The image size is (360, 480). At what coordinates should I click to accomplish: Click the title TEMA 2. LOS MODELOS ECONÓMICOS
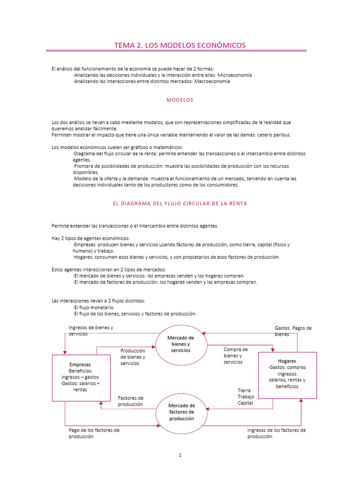coord(180,45)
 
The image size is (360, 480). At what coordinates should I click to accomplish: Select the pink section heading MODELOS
coord(180,100)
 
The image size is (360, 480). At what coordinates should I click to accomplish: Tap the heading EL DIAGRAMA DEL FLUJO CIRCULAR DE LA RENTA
coord(180,203)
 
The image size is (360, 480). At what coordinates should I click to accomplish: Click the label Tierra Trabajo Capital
coord(245,397)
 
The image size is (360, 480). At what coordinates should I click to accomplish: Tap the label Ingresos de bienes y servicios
coord(91,330)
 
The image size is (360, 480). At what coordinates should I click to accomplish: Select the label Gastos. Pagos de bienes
coord(293,331)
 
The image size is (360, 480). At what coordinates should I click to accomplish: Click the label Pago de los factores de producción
coord(94,433)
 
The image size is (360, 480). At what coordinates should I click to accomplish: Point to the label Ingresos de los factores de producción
coord(277,433)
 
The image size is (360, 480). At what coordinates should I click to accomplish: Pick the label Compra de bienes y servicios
coord(236,355)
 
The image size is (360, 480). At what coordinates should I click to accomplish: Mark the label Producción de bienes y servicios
coord(133,357)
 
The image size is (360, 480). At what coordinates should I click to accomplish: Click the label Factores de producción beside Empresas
coord(131,401)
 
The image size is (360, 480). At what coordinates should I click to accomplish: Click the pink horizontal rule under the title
coord(176,51)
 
